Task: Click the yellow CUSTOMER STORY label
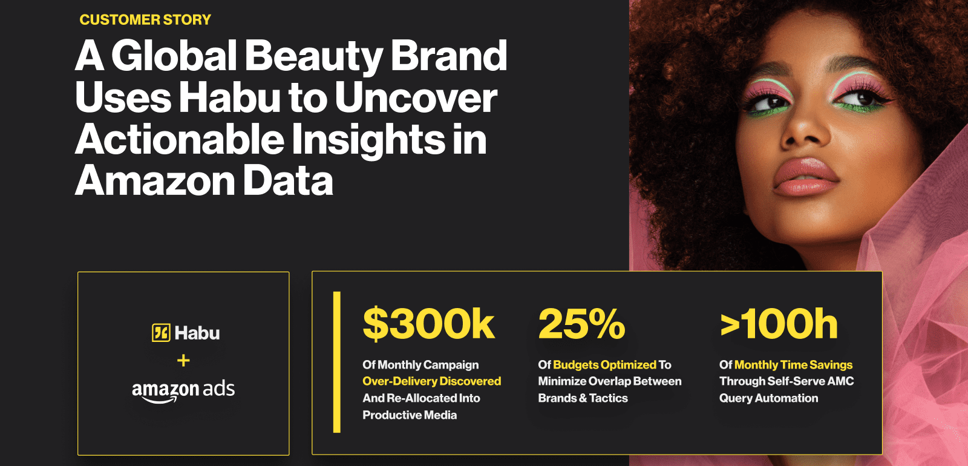[145, 20]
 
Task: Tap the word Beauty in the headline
[314, 57]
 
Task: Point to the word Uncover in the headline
[415, 97]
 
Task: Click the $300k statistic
[428, 324]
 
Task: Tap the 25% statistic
[581, 324]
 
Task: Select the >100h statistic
[779, 324]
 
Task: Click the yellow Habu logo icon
[161, 333]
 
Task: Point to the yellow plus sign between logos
[184, 361]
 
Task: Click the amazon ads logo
[183, 391]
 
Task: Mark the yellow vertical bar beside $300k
[336, 363]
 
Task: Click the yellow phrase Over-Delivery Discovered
[432, 381]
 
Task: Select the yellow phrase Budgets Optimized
[604, 365]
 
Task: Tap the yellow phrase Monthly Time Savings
[793, 365]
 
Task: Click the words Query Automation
[768, 398]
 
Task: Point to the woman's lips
[805, 177]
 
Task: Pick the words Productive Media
[410, 415]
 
